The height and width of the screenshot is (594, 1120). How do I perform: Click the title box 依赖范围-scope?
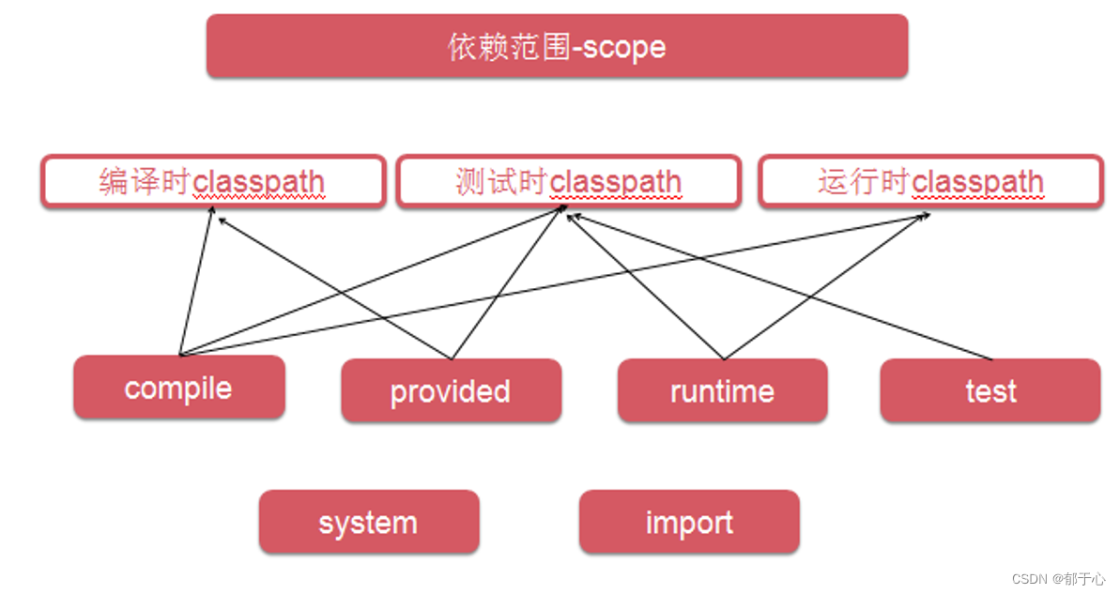click(x=557, y=46)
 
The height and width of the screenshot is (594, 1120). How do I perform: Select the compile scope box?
click(x=178, y=388)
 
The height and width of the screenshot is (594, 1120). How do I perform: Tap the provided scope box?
click(x=451, y=390)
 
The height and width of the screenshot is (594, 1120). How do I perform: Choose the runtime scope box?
click(x=722, y=390)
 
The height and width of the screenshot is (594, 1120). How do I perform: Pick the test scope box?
click(x=990, y=390)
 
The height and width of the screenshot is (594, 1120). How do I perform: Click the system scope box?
click(x=368, y=522)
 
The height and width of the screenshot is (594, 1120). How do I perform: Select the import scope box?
click(x=689, y=522)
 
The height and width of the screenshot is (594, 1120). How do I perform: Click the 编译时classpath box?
click(x=213, y=181)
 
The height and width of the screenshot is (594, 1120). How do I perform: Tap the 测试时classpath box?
click(x=569, y=181)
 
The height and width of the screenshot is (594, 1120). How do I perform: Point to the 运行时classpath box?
click(x=930, y=181)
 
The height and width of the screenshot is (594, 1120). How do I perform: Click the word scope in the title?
click(x=623, y=46)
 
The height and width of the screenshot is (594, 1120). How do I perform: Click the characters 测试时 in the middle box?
click(x=501, y=181)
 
